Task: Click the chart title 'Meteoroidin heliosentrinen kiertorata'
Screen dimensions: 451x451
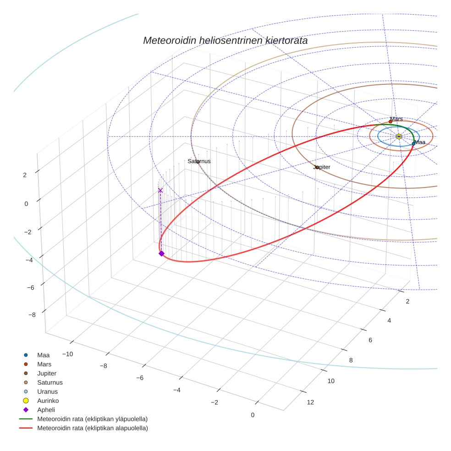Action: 225,40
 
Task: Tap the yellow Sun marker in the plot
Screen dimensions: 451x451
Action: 399,137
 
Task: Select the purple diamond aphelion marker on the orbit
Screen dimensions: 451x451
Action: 161,253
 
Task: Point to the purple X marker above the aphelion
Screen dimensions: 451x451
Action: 160,190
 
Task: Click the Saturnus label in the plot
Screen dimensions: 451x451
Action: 199,161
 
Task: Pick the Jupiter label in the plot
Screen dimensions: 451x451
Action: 322,167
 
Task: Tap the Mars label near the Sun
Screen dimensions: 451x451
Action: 396,119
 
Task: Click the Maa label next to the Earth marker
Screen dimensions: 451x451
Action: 420,143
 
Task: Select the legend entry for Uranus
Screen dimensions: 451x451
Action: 47,391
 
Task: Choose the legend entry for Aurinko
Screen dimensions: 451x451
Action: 48,401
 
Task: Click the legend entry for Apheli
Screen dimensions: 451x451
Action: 46,410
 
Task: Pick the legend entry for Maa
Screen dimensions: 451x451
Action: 44,355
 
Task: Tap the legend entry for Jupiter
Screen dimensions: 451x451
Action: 47,373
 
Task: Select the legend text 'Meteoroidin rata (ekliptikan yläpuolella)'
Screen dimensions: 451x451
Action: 92,419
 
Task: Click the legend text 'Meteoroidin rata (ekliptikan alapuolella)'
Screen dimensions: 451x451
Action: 92,428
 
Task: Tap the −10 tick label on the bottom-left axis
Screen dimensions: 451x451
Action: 68,354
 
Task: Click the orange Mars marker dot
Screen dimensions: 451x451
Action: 390,121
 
